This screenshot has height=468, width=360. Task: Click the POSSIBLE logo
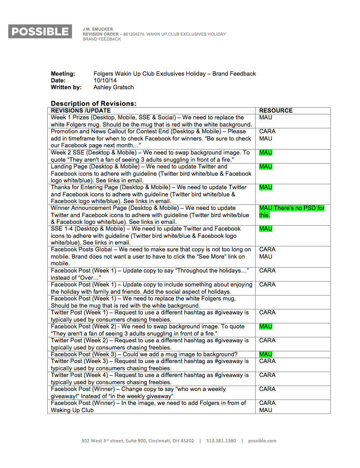pyautogui.click(x=40, y=32)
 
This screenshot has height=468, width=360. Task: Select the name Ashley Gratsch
pyautogui.click(x=113, y=87)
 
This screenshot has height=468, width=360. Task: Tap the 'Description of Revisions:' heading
pyautogui.click(x=94, y=103)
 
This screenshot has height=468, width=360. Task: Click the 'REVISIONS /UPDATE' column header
pyautogui.click(x=81, y=110)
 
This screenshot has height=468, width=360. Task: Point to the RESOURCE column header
pyautogui.click(x=276, y=110)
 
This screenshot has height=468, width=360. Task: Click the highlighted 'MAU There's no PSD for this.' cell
pyautogui.click(x=291, y=211)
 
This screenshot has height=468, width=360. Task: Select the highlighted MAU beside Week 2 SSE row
pyautogui.click(x=265, y=153)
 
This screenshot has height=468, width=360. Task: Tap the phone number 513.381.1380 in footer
pyautogui.click(x=221, y=441)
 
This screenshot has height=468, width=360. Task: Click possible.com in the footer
pyautogui.click(x=262, y=441)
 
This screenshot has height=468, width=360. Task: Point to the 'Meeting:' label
pyautogui.click(x=63, y=73)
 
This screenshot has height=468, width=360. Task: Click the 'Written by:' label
pyautogui.click(x=66, y=87)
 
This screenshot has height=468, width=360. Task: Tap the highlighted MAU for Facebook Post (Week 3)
pyautogui.click(x=265, y=354)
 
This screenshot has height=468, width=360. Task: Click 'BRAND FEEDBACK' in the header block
pyautogui.click(x=102, y=39)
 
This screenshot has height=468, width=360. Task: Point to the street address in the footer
pyautogui.click(x=138, y=441)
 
